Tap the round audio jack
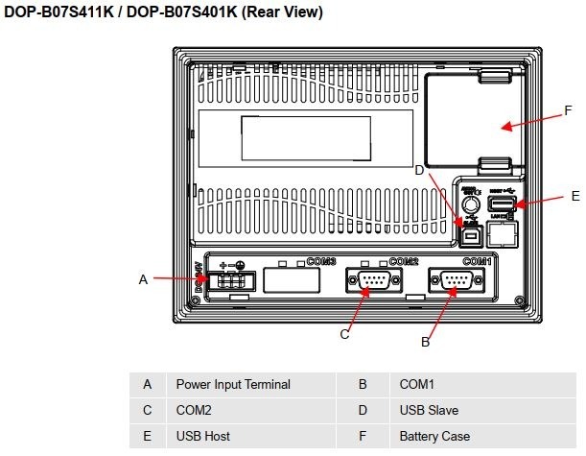pyautogui.click(x=470, y=204)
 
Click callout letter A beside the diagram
pyautogui.click(x=143, y=279)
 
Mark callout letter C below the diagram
pyautogui.click(x=344, y=334)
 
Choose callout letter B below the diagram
pyautogui.click(x=425, y=341)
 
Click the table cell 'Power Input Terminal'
pyautogui.click(x=232, y=384)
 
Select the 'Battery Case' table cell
pyautogui.click(x=434, y=436)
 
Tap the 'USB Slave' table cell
pyautogui.click(x=429, y=410)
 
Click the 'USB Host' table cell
pyautogui.click(x=202, y=436)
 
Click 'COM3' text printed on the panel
pyautogui.click(x=321, y=262)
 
